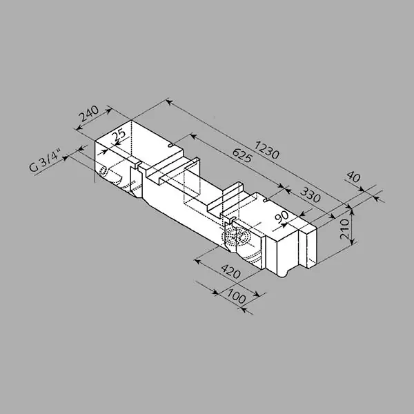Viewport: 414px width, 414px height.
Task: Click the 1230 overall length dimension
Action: [x=266, y=150]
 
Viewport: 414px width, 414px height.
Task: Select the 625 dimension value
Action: [x=242, y=155]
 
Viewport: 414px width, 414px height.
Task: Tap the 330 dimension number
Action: [x=310, y=195]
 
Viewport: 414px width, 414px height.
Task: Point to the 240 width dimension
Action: [x=89, y=114]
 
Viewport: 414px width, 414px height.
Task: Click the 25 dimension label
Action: [x=119, y=135]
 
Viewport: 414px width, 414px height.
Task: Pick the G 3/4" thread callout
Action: [x=45, y=161]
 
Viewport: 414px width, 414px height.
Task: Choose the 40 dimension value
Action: [x=353, y=177]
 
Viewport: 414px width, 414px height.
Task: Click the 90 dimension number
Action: [x=282, y=217]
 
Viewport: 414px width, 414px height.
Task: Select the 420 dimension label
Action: [x=230, y=272]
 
